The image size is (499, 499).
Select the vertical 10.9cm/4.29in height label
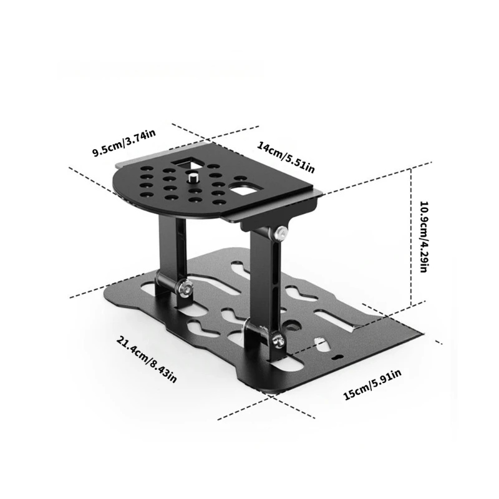422,237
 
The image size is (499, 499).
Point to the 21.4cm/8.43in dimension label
147,360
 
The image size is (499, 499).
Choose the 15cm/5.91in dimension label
371,384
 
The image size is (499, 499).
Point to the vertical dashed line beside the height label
411,237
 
